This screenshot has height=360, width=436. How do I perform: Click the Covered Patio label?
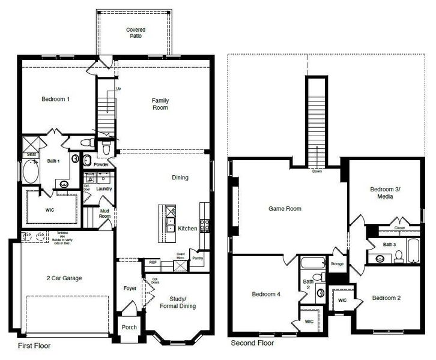[x=135, y=33]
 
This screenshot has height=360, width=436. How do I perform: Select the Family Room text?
[x=160, y=104]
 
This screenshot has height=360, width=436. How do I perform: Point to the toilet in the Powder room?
[x=106, y=148]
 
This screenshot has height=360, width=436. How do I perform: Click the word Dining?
[x=180, y=178]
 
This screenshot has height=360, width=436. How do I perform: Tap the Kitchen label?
[x=188, y=229]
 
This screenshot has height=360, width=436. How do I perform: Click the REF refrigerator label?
[x=152, y=262]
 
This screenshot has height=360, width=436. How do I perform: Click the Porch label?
[x=129, y=327]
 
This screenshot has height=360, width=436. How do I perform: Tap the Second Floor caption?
[x=252, y=344]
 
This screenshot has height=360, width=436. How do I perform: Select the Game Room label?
[x=284, y=209]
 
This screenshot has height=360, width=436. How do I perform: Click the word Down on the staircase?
[x=316, y=171]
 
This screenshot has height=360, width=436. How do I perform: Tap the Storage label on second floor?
[x=337, y=263]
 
